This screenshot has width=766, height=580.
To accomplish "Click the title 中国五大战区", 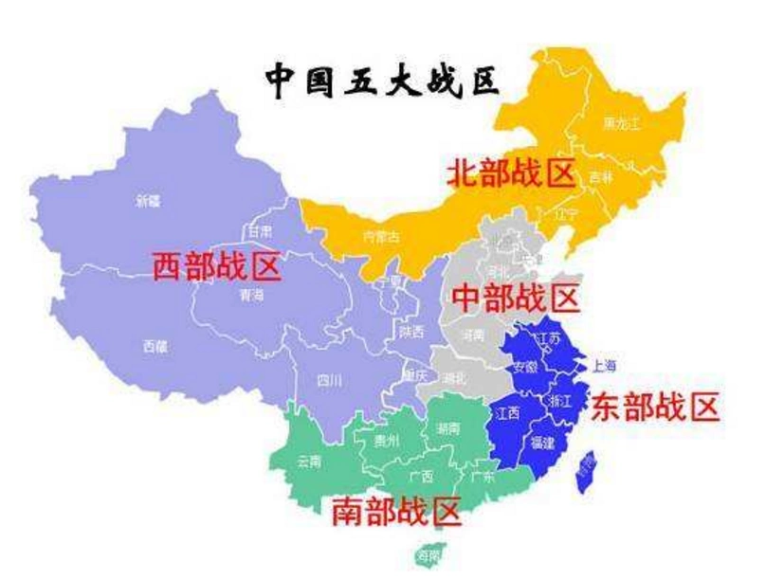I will [x=382, y=82].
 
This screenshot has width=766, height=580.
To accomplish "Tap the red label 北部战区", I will [x=512, y=173].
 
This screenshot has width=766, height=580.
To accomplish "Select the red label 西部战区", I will [x=217, y=267].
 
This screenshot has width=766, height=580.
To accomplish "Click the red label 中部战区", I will [x=515, y=299].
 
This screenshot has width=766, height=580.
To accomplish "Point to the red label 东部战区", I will [x=655, y=408].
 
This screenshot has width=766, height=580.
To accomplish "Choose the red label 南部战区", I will [x=395, y=512].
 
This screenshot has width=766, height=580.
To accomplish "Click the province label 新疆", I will [x=148, y=201].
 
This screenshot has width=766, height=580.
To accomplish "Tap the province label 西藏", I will [x=155, y=347].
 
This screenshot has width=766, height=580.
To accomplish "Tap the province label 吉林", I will [x=600, y=177].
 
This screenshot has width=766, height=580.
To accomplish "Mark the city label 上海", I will [x=604, y=366].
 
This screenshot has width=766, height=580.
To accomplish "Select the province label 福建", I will [x=543, y=443].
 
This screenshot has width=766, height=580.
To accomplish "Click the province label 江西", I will [x=507, y=413].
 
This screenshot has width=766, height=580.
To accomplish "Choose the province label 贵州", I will [x=386, y=441].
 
